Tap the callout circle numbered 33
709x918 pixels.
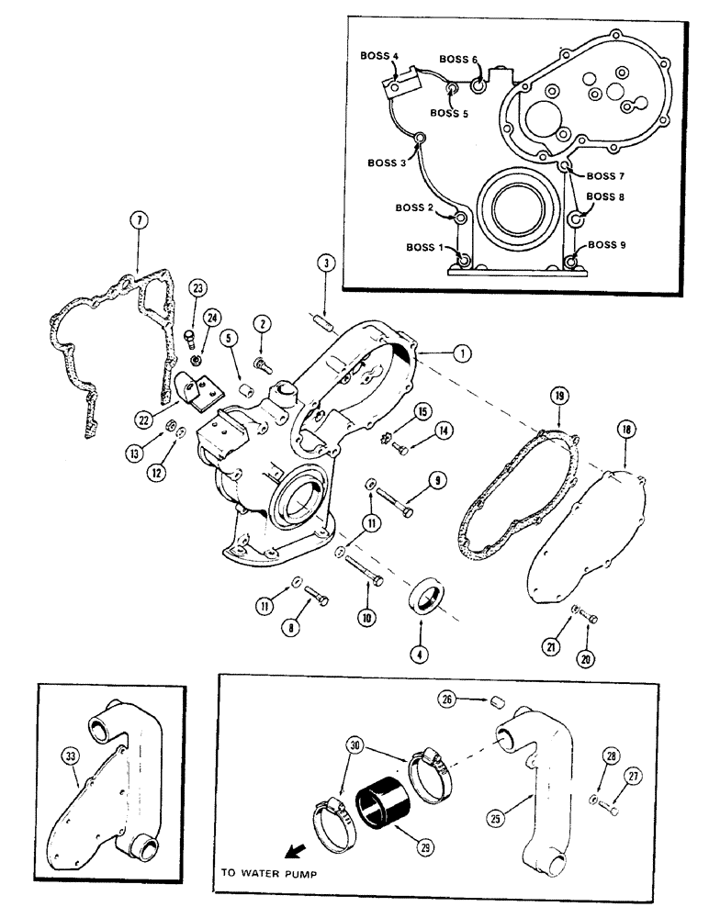[x=66, y=756]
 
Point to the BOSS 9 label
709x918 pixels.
[x=608, y=246]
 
